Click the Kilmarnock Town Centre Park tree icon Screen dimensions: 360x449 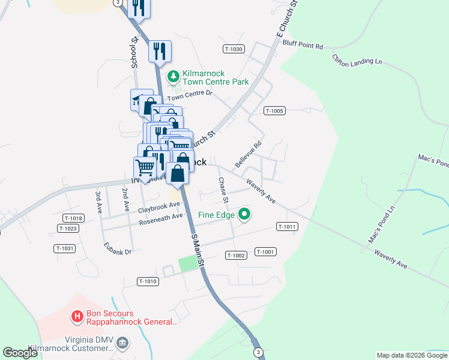point(173,76)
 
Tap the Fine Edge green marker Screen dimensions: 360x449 point(244,214)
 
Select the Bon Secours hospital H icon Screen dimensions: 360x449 point(77,316)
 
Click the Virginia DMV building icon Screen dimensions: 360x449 point(122,343)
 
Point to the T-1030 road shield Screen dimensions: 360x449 point(234,49)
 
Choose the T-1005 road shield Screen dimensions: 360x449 point(274,110)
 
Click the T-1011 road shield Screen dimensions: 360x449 point(287,226)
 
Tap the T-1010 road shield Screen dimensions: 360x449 point(148,281)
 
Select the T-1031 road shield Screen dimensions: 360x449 point(64,248)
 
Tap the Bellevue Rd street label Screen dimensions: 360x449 point(249,154)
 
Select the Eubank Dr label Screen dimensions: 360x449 point(117,248)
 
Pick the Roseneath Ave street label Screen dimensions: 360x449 point(161,218)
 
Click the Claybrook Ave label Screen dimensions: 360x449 point(159,208)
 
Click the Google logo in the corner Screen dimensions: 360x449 point(20,353)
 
